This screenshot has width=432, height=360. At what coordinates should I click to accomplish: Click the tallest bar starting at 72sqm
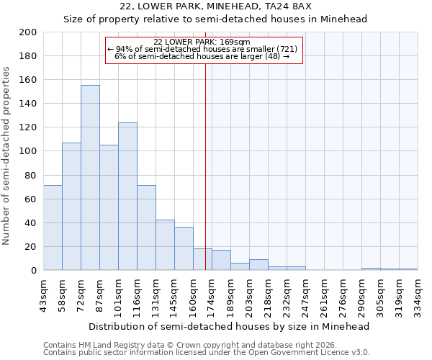(x=90, y=178)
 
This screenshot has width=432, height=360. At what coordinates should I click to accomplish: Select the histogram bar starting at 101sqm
(x=127, y=197)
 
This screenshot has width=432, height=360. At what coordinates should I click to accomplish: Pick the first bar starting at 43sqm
(x=53, y=228)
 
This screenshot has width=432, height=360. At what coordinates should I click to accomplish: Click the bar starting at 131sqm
(x=165, y=245)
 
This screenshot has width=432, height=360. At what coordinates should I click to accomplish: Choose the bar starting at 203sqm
(x=258, y=265)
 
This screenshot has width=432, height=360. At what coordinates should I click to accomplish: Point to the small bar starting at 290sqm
(x=371, y=269)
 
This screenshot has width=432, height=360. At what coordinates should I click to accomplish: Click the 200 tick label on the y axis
(x=28, y=32)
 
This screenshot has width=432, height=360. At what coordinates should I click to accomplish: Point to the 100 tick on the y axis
(x=28, y=151)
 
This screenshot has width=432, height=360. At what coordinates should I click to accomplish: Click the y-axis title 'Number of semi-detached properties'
(x=6, y=156)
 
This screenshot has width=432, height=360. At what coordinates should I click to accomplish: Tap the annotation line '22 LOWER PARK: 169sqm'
(x=202, y=42)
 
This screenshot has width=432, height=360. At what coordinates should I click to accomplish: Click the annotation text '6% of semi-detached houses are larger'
(x=202, y=56)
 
